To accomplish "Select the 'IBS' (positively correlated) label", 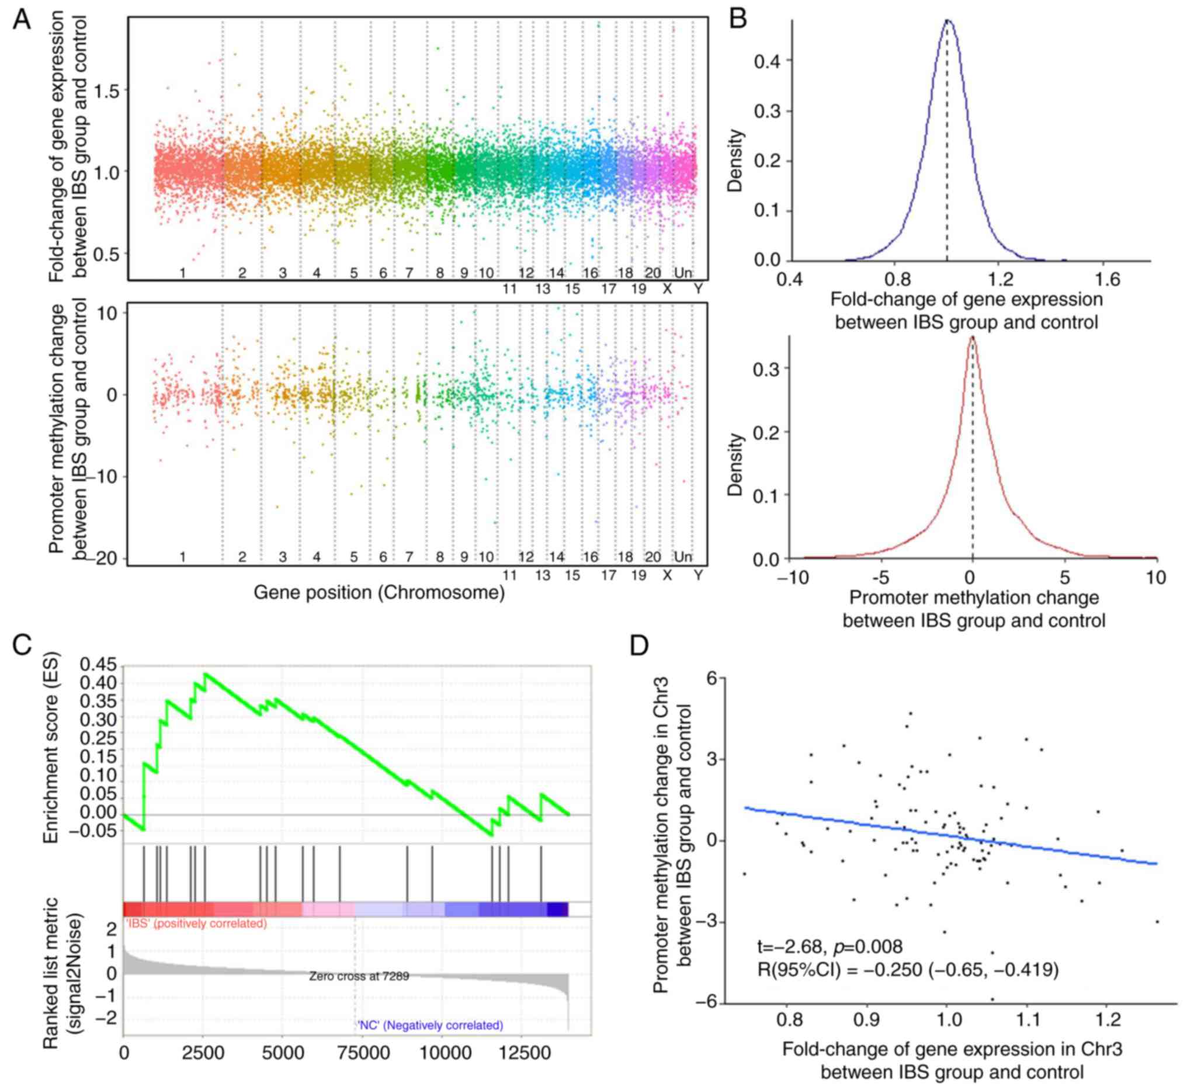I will coord(195,923).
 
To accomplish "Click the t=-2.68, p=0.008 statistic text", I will coord(829,947).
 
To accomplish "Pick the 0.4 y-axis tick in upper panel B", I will coord(766,61).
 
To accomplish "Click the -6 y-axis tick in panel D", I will coord(706,1002).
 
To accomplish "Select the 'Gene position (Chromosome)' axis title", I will coord(379,592).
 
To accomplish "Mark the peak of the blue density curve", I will coord(947,20).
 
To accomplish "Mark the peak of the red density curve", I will coord(972,338).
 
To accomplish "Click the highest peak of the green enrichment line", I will coord(204,674).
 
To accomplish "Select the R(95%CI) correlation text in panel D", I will coord(908,970).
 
